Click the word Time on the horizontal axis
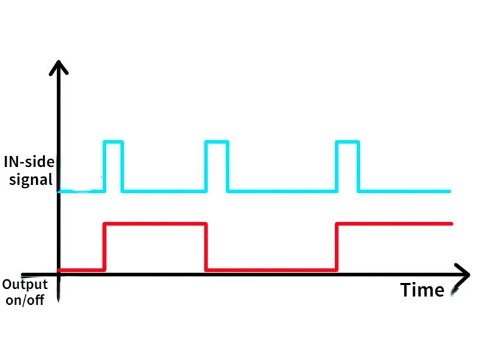tap(422, 290)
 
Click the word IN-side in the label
tap(29, 161)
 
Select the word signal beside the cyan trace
tap(30, 179)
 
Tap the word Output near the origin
tap(25, 285)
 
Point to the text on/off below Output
tap(25, 300)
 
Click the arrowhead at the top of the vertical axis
tap(58, 66)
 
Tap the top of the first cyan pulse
tap(114, 142)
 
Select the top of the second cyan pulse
tap(216, 142)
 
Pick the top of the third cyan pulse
tap(347, 142)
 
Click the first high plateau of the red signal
tap(156, 223)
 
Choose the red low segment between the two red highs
tap(271, 270)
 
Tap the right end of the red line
tap(451, 223)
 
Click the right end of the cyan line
tap(449, 190)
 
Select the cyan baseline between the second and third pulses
tap(282, 190)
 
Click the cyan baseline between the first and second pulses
tap(164, 190)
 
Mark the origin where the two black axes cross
tap(58, 275)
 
